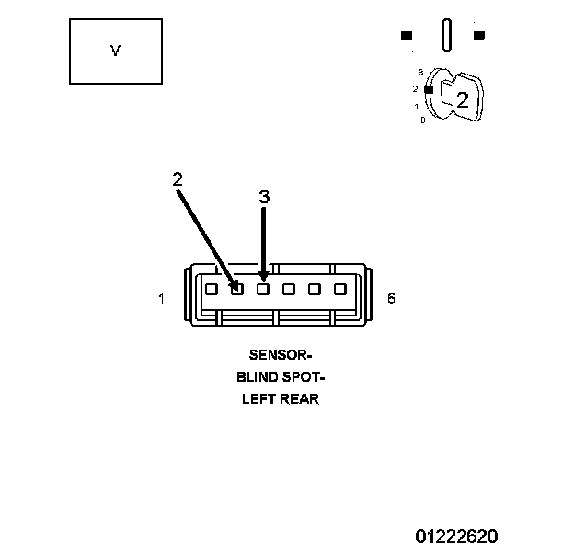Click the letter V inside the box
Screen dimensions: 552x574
pyautogui.click(x=115, y=52)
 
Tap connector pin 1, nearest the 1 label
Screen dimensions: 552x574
pyautogui.click(x=212, y=289)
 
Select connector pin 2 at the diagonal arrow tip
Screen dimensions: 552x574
pyautogui.click(x=237, y=289)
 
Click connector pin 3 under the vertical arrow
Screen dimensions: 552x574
pyautogui.click(x=263, y=289)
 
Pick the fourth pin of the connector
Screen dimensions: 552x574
pyautogui.click(x=289, y=289)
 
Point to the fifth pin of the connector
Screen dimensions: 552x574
pyautogui.click(x=315, y=289)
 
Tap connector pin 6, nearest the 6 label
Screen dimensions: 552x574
pyautogui.click(x=340, y=289)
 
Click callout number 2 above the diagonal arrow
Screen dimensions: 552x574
pyautogui.click(x=178, y=179)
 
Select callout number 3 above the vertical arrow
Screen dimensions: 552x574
pyautogui.click(x=264, y=197)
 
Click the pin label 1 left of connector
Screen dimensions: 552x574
pyautogui.click(x=161, y=298)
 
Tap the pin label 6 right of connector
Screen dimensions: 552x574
pyautogui.click(x=391, y=298)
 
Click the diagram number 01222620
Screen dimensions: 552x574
pyautogui.click(x=456, y=535)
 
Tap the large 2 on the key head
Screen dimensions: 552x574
pyautogui.click(x=463, y=101)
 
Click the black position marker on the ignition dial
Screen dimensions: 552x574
pyautogui.click(x=428, y=89)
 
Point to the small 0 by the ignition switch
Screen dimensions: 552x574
pyautogui.click(x=422, y=121)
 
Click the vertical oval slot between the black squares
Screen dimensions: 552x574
pyautogui.click(x=447, y=35)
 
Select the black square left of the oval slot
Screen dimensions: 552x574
pyautogui.click(x=407, y=36)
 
